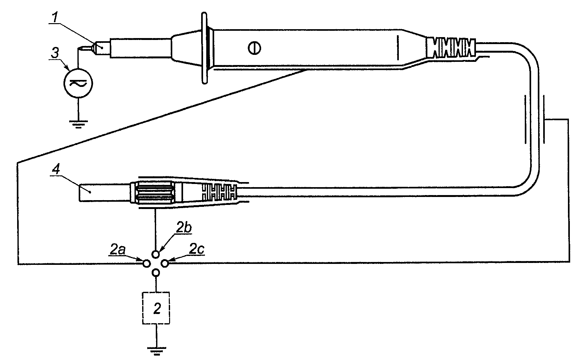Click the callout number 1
coord(56,17)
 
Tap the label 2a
coord(118,250)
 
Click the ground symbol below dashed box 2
coord(156,351)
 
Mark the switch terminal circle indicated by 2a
coord(147,263)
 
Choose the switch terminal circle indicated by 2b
coord(156,254)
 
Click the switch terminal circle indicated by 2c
coord(165,263)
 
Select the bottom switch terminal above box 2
coord(156,272)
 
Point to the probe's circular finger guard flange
coord(205,48)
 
